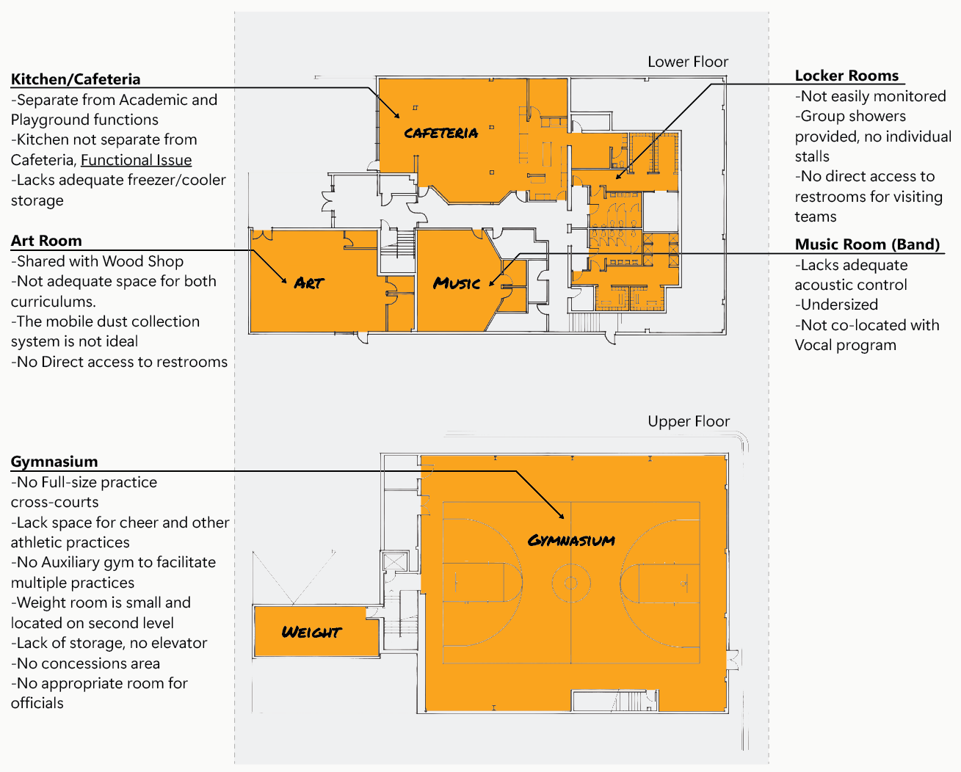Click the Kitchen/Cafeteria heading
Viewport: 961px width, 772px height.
(75, 79)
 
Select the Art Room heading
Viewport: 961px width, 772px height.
(46, 241)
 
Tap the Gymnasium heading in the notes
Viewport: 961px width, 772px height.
(54, 462)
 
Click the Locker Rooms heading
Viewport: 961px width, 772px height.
(846, 76)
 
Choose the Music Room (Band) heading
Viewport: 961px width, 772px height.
(867, 244)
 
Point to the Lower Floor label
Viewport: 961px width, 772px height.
(687, 62)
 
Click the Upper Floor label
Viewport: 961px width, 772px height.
(688, 421)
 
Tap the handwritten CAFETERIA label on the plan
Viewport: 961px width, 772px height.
(440, 133)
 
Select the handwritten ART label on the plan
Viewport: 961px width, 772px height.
(308, 283)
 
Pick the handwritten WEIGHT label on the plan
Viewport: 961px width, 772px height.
(311, 632)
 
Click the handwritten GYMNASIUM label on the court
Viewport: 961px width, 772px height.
(571, 541)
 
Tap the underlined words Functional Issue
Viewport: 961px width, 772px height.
(136, 160)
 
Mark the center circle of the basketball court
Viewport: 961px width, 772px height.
(570, 584)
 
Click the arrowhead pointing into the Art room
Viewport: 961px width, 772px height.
(284, 281)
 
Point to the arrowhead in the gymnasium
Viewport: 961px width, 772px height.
(562, 517)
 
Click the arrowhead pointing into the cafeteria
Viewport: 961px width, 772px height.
(397, 115)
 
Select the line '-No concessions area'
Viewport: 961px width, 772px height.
(85, 663)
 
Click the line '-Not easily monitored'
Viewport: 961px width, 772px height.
(870, 96)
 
